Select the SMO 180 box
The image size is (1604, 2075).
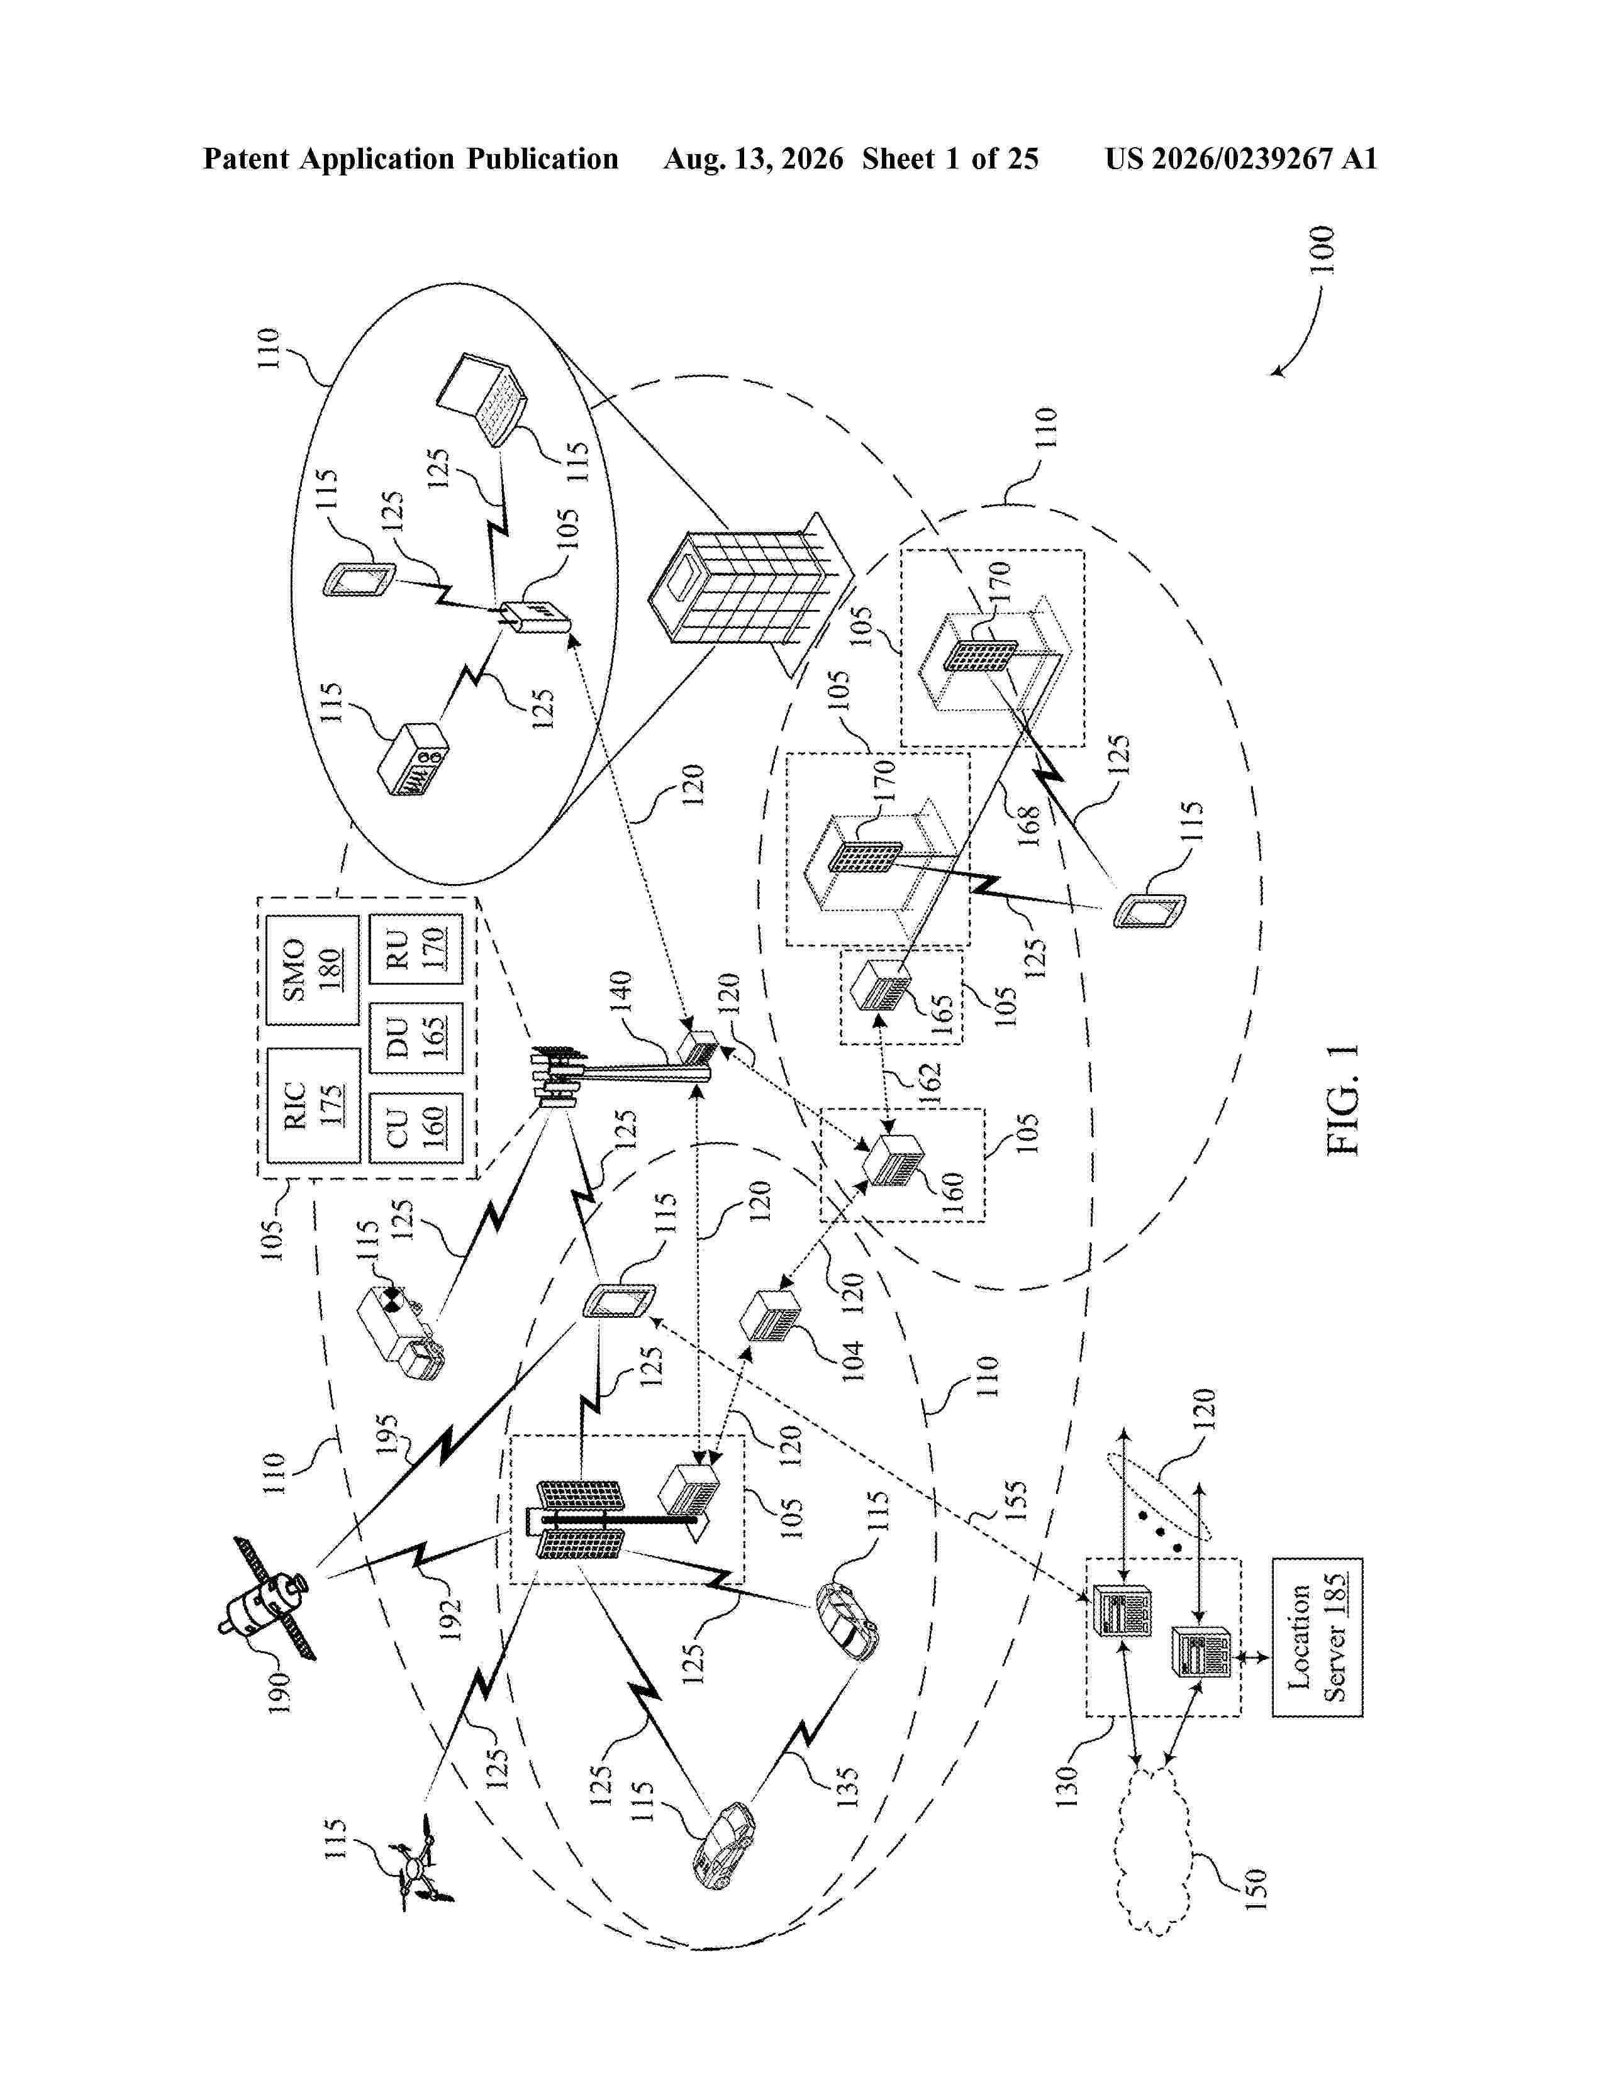coord(313,970)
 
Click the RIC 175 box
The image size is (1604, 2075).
coord(313,1106)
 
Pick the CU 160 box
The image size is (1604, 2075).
coord(415,1128)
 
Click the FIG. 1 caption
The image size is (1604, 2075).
coord(1343,1100)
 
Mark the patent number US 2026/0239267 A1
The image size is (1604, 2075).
coord(1241,158)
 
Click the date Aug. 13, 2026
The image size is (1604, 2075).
coord(752,158)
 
